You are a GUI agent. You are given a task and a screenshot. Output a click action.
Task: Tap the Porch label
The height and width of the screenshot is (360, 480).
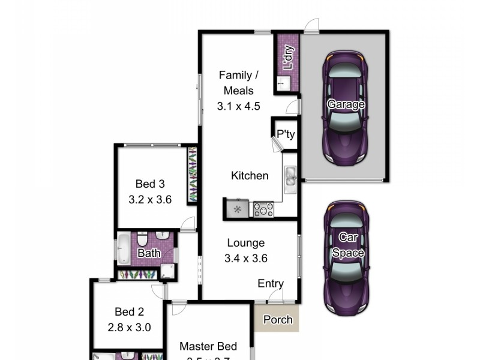click(x=278, y=320)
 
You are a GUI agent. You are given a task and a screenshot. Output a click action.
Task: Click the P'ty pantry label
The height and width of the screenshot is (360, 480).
click(x=286, y=134)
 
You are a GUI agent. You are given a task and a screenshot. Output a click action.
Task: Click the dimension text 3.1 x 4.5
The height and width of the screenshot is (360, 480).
click(x=239, y=107)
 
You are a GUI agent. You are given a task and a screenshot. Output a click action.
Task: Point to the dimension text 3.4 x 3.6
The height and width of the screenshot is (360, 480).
click(x=246, y=259)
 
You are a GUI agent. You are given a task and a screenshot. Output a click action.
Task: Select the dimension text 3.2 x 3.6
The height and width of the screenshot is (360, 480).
click(x=150, y=200)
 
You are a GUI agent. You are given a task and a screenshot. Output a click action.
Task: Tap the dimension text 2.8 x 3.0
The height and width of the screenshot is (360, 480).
click(x=129, y=328)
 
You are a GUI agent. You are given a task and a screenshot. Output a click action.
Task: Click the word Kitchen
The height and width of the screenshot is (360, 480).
click(x=250, y=176)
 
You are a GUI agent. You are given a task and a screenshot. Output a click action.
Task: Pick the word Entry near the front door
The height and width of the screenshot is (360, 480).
click(x=271, y=284)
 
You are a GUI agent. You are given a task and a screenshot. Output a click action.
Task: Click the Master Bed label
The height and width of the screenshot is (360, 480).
click(x=208, y=346)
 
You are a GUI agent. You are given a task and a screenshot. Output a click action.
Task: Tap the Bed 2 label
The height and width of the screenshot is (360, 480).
click(x=129, y=312)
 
